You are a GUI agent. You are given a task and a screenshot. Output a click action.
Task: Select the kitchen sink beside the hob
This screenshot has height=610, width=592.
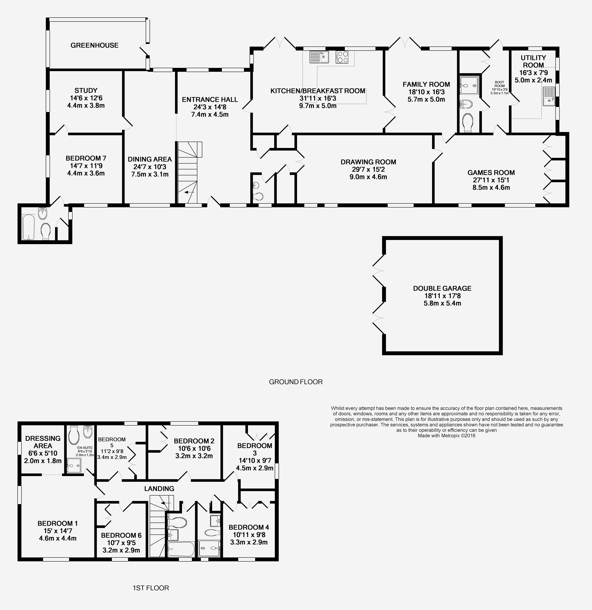coord(319,57)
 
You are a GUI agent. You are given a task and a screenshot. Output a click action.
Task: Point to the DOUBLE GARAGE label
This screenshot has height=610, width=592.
coord(442,289)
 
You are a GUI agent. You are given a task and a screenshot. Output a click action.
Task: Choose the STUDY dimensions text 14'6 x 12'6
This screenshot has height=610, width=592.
coord(86,98)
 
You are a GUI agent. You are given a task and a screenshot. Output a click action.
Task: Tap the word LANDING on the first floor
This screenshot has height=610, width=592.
coord(159,489)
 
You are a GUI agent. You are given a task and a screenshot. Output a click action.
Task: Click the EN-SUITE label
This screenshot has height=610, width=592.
coord(85,448)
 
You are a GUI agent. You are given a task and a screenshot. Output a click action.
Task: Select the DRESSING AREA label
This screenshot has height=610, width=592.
coord(43,442)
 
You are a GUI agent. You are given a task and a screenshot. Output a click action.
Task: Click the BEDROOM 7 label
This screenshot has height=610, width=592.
coord(86,158)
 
